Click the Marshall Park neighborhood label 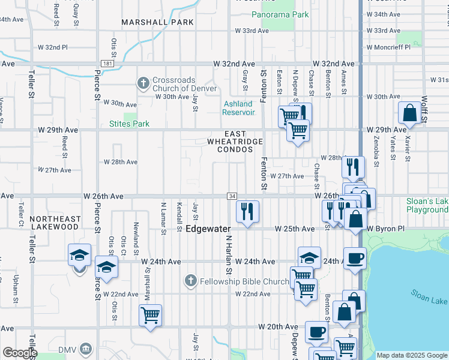[157, 22]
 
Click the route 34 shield [232, 196]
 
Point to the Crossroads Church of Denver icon [143, 83]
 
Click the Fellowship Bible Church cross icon [191, 281]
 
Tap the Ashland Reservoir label [238, 108]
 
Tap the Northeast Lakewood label [54, 223]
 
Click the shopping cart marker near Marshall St [150, 314]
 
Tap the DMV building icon [85, 349]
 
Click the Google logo [19, 353]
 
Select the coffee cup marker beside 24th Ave [354, 257]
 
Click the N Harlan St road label [228, 253]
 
